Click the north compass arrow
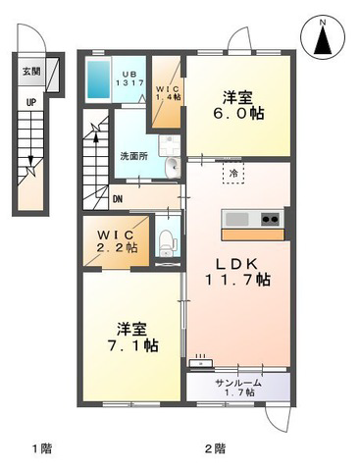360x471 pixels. (323, 40)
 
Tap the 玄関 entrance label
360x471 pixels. (31, 72)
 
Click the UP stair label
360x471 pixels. (31, 102)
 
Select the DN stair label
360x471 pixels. (118, 199)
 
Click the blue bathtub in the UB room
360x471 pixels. (98, 79)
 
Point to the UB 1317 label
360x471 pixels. (129, 78)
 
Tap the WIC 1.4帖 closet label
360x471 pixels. (168, 92)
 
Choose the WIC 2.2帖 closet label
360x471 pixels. (116, 241)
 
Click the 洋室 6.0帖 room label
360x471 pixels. (238, 106)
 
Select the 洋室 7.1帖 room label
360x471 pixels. (132, 338)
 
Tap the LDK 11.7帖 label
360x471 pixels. (237, 272)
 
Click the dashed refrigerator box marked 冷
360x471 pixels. (233, 174)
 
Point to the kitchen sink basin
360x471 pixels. (238, 219)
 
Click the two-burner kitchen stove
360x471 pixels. (271, 219)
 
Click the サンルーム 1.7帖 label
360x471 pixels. (238, 387)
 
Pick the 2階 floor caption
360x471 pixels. (215, 447)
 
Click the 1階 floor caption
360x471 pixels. (42, 447)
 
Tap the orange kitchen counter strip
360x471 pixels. (253, 235)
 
